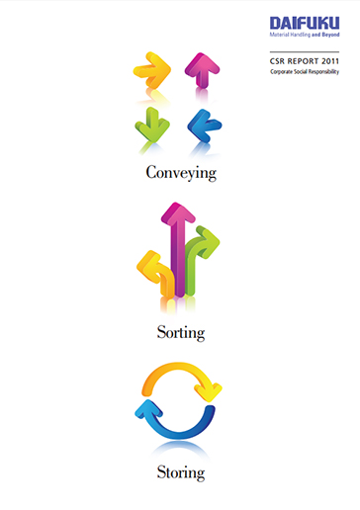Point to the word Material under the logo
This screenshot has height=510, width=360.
tap(280, 35)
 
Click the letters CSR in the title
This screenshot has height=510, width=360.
tap(280, 61)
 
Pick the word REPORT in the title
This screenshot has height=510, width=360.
tap(303, 61)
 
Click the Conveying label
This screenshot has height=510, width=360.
tap(180, 172)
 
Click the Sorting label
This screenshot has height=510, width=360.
tap(180, 333)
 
